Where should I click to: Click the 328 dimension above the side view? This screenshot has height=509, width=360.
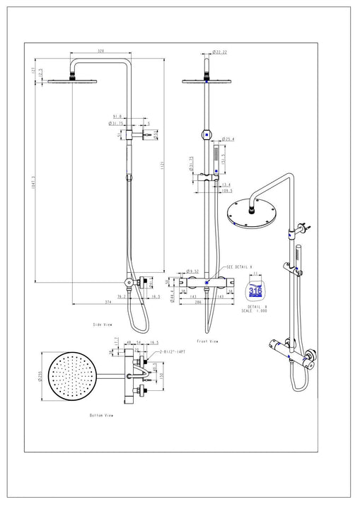101,52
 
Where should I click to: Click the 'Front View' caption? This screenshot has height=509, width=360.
208,341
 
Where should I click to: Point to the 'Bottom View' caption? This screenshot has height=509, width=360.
101,415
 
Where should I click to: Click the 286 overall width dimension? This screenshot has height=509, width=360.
200,301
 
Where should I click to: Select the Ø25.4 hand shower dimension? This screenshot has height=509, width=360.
228,139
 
